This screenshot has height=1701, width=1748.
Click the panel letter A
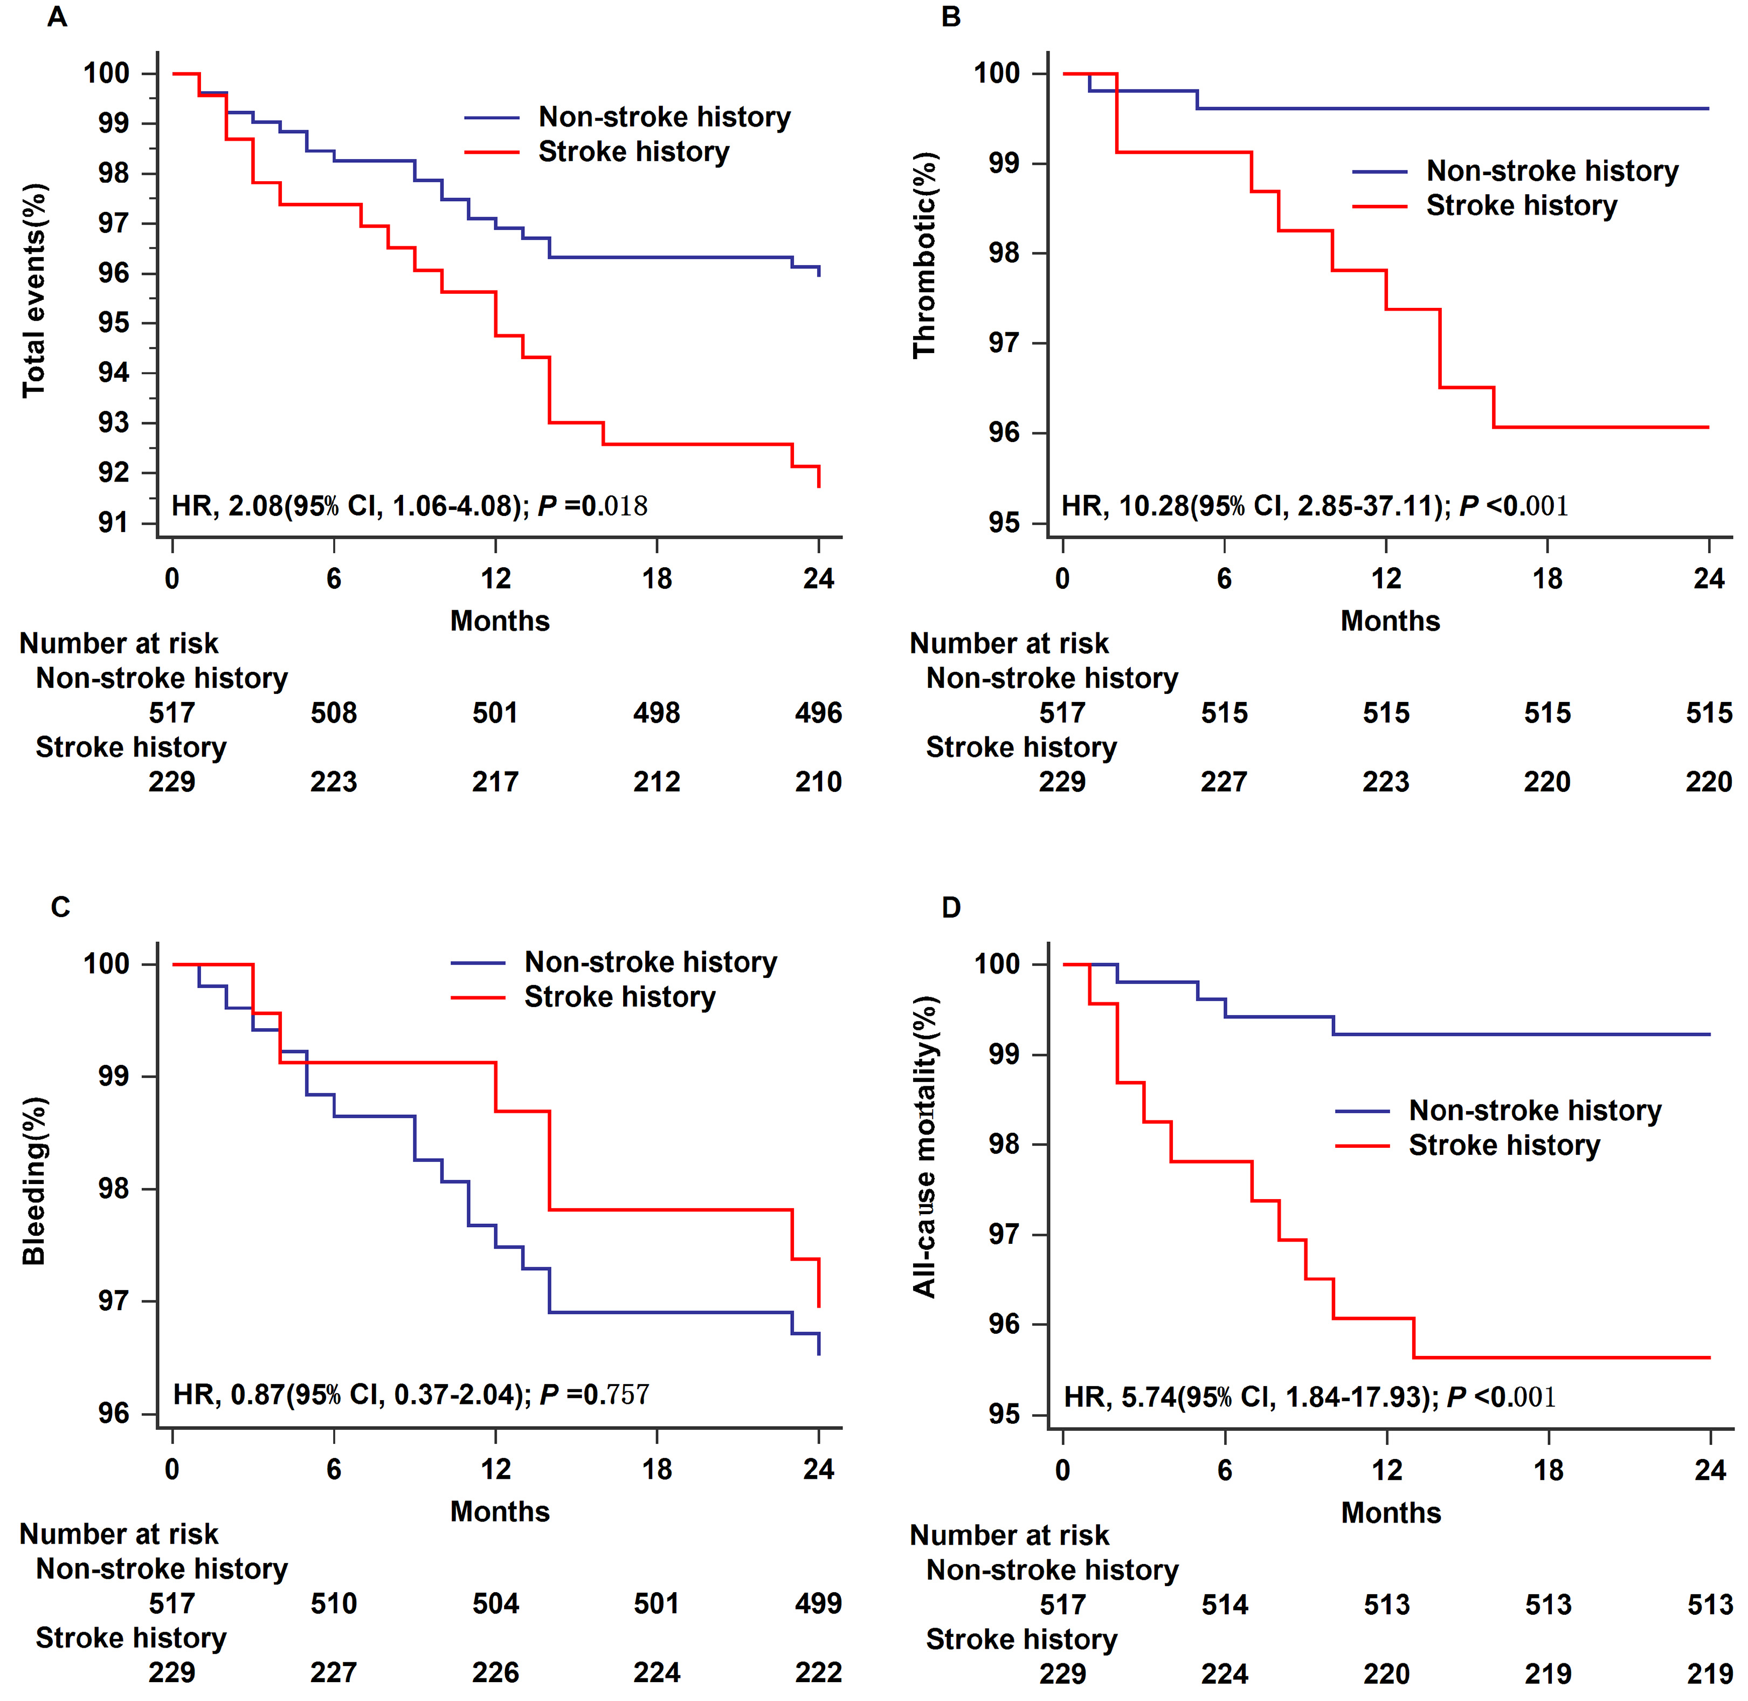(57, 17)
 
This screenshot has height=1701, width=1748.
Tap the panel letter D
(951, 908)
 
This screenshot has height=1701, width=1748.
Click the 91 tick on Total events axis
(113, 522)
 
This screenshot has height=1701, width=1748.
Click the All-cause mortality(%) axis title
(924, 1147)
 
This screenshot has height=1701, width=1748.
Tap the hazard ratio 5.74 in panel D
(1149, 1396)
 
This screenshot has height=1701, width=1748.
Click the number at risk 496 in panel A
(818, 713)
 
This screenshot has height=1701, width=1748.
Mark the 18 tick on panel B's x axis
(1548, 579)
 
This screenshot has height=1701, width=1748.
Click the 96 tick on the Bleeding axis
(113, 1413)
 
